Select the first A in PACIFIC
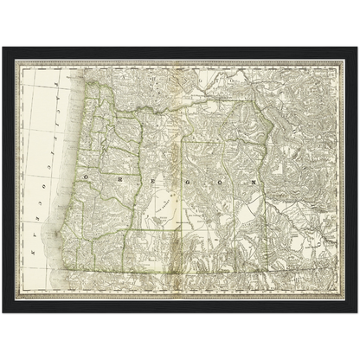(x=55, y=93)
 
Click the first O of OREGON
(x=87, y=175)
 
